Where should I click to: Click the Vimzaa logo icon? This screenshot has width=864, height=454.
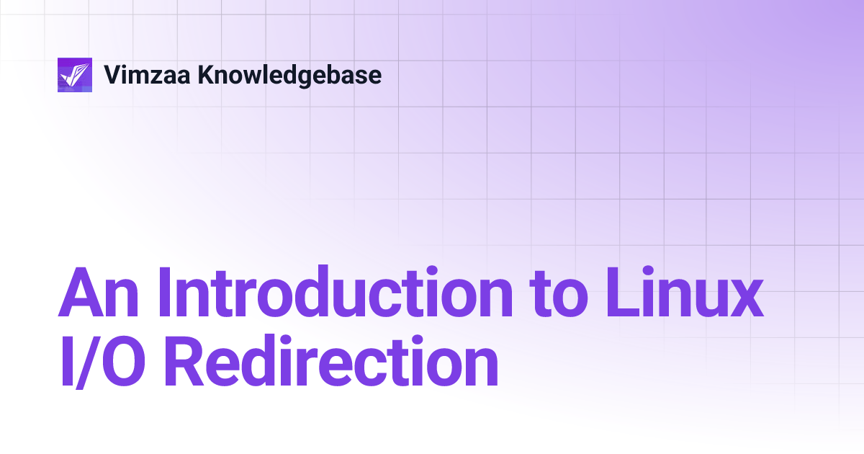coord(75,75)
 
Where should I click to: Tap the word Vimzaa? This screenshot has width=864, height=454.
coord(147,75)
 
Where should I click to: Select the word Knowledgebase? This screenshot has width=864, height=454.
coord(289,75)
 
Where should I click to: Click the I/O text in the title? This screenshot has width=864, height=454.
coord(110,365)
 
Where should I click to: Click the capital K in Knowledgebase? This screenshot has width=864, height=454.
coord(206,75)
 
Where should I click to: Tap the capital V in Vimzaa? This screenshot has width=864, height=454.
coord(112,75)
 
